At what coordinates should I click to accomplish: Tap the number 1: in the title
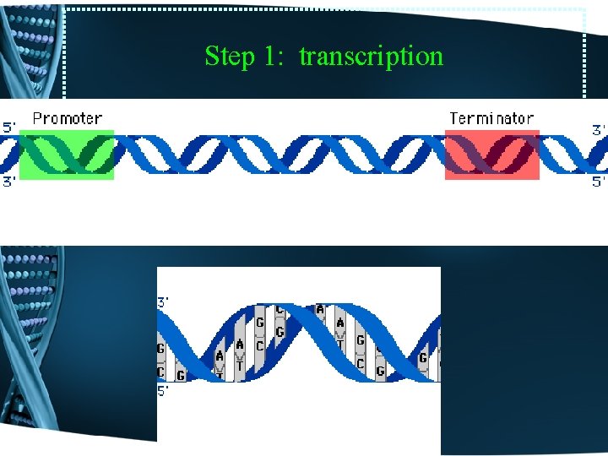273,57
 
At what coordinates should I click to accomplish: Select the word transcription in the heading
371,57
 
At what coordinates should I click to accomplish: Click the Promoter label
68,119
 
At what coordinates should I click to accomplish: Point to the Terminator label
491,119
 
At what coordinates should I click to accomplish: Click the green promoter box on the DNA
67,155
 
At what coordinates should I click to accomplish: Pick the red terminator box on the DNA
491,155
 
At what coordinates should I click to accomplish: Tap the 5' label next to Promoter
8,128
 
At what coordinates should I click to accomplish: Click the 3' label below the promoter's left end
8,182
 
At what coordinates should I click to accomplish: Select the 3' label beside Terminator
598,130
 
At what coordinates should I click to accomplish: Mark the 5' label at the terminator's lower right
598,182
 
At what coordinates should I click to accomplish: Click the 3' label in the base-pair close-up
164,301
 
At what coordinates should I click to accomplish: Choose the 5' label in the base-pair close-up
164,391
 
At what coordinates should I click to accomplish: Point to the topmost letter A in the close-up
320,310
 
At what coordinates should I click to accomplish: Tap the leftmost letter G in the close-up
160,348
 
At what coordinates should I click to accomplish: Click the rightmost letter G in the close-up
423,358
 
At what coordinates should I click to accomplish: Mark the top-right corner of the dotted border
585,10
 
